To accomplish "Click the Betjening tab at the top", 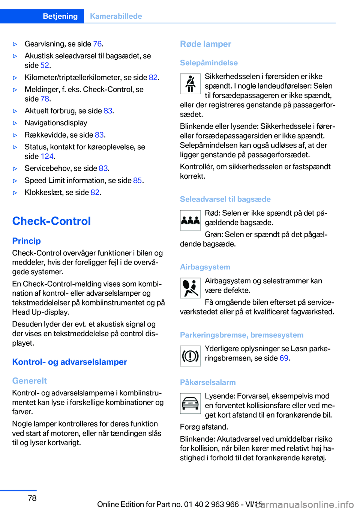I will click(x=60, y=16).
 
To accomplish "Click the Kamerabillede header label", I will click(x=116, y=16).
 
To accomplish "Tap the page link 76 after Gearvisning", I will click(x=97, y=44).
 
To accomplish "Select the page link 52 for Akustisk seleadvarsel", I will click(x=45, y=65).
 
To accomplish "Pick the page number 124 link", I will click(x=47, y=156).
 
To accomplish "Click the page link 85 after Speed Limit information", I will click(x=137, y=180).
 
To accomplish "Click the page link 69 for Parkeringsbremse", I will click(x=284, y=358).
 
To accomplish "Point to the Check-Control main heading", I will click(x=51, y=221).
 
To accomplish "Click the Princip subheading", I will click(x=26, y=241).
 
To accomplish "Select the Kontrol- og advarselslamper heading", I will click(x=69, y=362).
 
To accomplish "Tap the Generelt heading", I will click(x=29, y=381).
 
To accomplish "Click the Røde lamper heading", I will click(x=205, y=44).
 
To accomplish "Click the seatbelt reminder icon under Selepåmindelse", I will click(x=190, y=84).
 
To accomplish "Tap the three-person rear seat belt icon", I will click(x=190, y=220).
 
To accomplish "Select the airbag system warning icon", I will click(x=190, y=288).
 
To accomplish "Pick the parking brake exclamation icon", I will click(x=190, y=356).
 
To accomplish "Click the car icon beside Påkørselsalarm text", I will click(x=190, y=403).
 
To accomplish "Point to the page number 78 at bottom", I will click(x=32, y=498).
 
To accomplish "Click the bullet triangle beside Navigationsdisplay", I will click(x=15, y=123).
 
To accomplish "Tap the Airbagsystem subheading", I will click(x=205, y=267).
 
